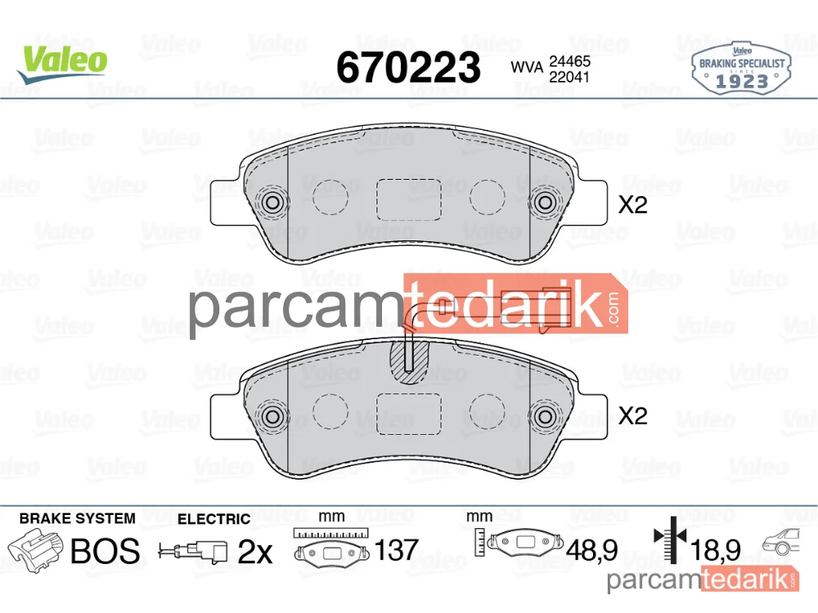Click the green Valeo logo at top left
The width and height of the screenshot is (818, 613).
pyautogui.click(x=63, y=64)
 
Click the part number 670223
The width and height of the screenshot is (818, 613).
pyautogui.click(x=408, y=68)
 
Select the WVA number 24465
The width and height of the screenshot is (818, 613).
pyautogui.click(x=569, y=61)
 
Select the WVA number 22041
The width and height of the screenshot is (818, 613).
pyautogui.click(x=569, y=77)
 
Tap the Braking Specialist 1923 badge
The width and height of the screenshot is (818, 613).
pyautogui.click(x=741, y=69)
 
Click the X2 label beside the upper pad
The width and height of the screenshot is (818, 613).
pyautogui.click(x=632, y=205)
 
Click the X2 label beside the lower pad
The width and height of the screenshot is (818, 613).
pyautogui.click(x=632, y=415)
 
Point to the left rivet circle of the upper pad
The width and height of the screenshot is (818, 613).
pyautogui.click(x=272, y=202)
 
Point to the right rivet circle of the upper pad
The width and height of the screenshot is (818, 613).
pyautogui.click(x=545, y=202)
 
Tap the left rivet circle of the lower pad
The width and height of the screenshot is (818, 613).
pyautogui.click(x=272, y=416)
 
